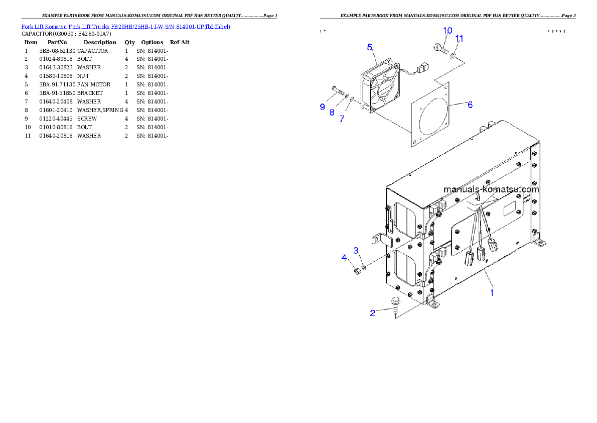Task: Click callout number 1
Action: click(x=492, y=292)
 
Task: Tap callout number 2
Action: click(x=372, y=313)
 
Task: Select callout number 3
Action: click(x=356, y=250)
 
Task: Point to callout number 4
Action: click(x=344, y=258)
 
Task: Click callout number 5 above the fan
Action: click(x=370, y=47)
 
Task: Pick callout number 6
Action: click(x=470, y=104)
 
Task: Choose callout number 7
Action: click(x=342, y=119)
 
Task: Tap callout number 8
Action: click(x=332, y=112)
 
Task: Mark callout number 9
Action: click(x=322, y=107)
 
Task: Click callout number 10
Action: click(x=447, y=31)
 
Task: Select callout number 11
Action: click(x=459, y=38)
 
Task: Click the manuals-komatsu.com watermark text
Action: click(x=491, y=189)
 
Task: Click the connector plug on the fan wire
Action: click(x=422, y=65)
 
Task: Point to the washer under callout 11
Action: click(x=454, y=55)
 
